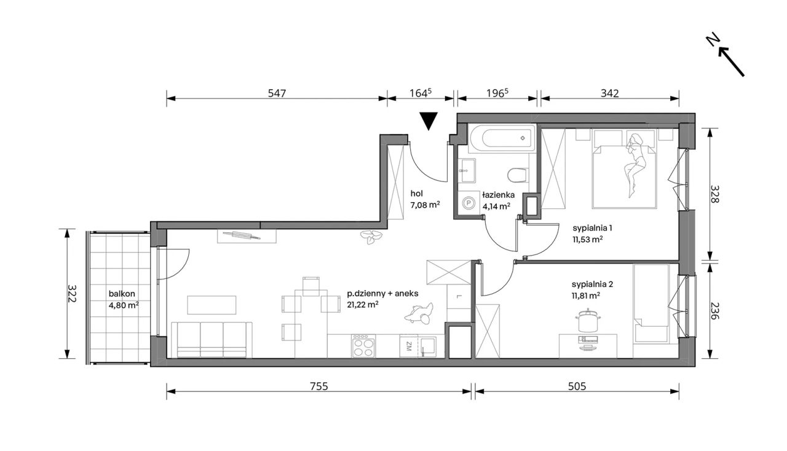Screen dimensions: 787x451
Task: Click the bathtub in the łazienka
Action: pyautogui.click(x=501, y=138)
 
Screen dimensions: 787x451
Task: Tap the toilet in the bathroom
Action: pyautogui.click(x=518, y=175)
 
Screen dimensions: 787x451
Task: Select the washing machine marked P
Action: pyautogui.click(x=469, y=203)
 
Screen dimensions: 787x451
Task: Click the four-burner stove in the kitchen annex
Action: pyautogui.click(x=363, y=346)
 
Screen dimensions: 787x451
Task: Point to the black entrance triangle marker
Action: pyautogui.click(x=429, y=121)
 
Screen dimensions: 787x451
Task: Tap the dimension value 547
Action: pyautogui.click(x=277, y=93)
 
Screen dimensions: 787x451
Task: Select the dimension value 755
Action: pyautogui.click(x=319, y=386)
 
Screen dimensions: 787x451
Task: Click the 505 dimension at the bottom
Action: pyautogui.click(x=577, y=386)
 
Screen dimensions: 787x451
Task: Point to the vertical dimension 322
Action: pyautogui.click(x=71, y=293)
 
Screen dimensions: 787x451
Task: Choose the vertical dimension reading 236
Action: pyautogui.click(x=714, y=311)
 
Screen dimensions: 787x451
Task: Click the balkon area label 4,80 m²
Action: pyautogui.click(x=124, y=305)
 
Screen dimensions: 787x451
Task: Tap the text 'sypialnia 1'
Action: pyautogui.click(x=592, y=228)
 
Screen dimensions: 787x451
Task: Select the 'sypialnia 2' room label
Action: pyautogui.click(x=592, y=284)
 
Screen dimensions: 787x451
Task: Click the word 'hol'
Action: pyautogui.click(x=417, y=193)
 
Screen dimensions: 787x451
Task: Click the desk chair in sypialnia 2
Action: pyautogui.click(x=587, y=321)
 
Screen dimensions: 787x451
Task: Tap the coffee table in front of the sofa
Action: pyautogui.click(x=212, y=305)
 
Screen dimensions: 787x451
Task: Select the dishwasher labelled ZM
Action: pyautogui.click(x=409, y=346)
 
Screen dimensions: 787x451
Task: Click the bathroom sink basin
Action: pyautogui.click(x=467, y=170)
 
